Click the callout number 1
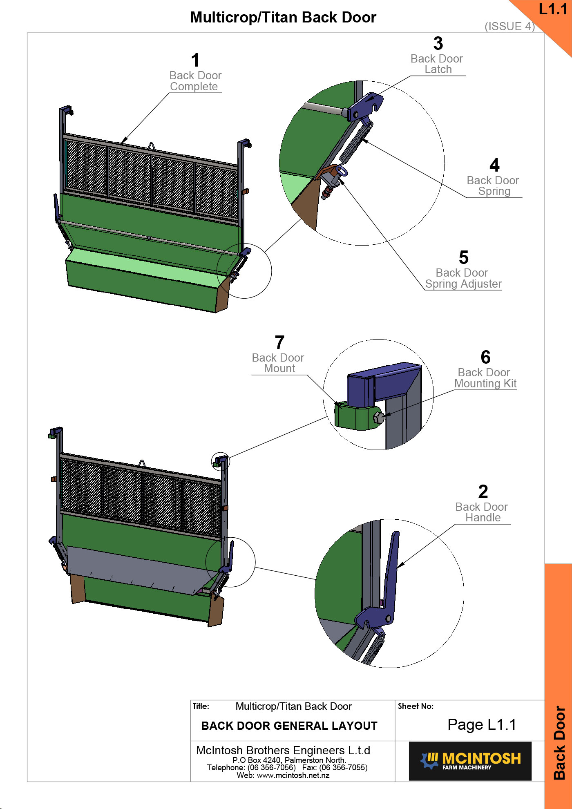(x=195, y=60)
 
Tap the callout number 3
(x=438, y=44)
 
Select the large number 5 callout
(x=463, y=258)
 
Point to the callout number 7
(x=279, y=343)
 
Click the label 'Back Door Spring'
(x=493, y=186)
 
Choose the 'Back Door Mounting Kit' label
(x=485, y=378)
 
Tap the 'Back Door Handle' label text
(x=482, y=512)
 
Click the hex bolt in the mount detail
(x=379, y=418)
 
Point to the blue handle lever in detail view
(x=391, y=572)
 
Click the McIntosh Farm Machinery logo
(x=470, y=761)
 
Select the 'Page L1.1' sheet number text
(x=482, y=725)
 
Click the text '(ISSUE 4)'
(x=509, y=27)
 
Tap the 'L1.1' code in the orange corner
(x=553, y=9)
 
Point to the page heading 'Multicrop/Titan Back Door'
(x=283, y=18)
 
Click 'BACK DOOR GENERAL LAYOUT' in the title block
(x=289, y=726)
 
